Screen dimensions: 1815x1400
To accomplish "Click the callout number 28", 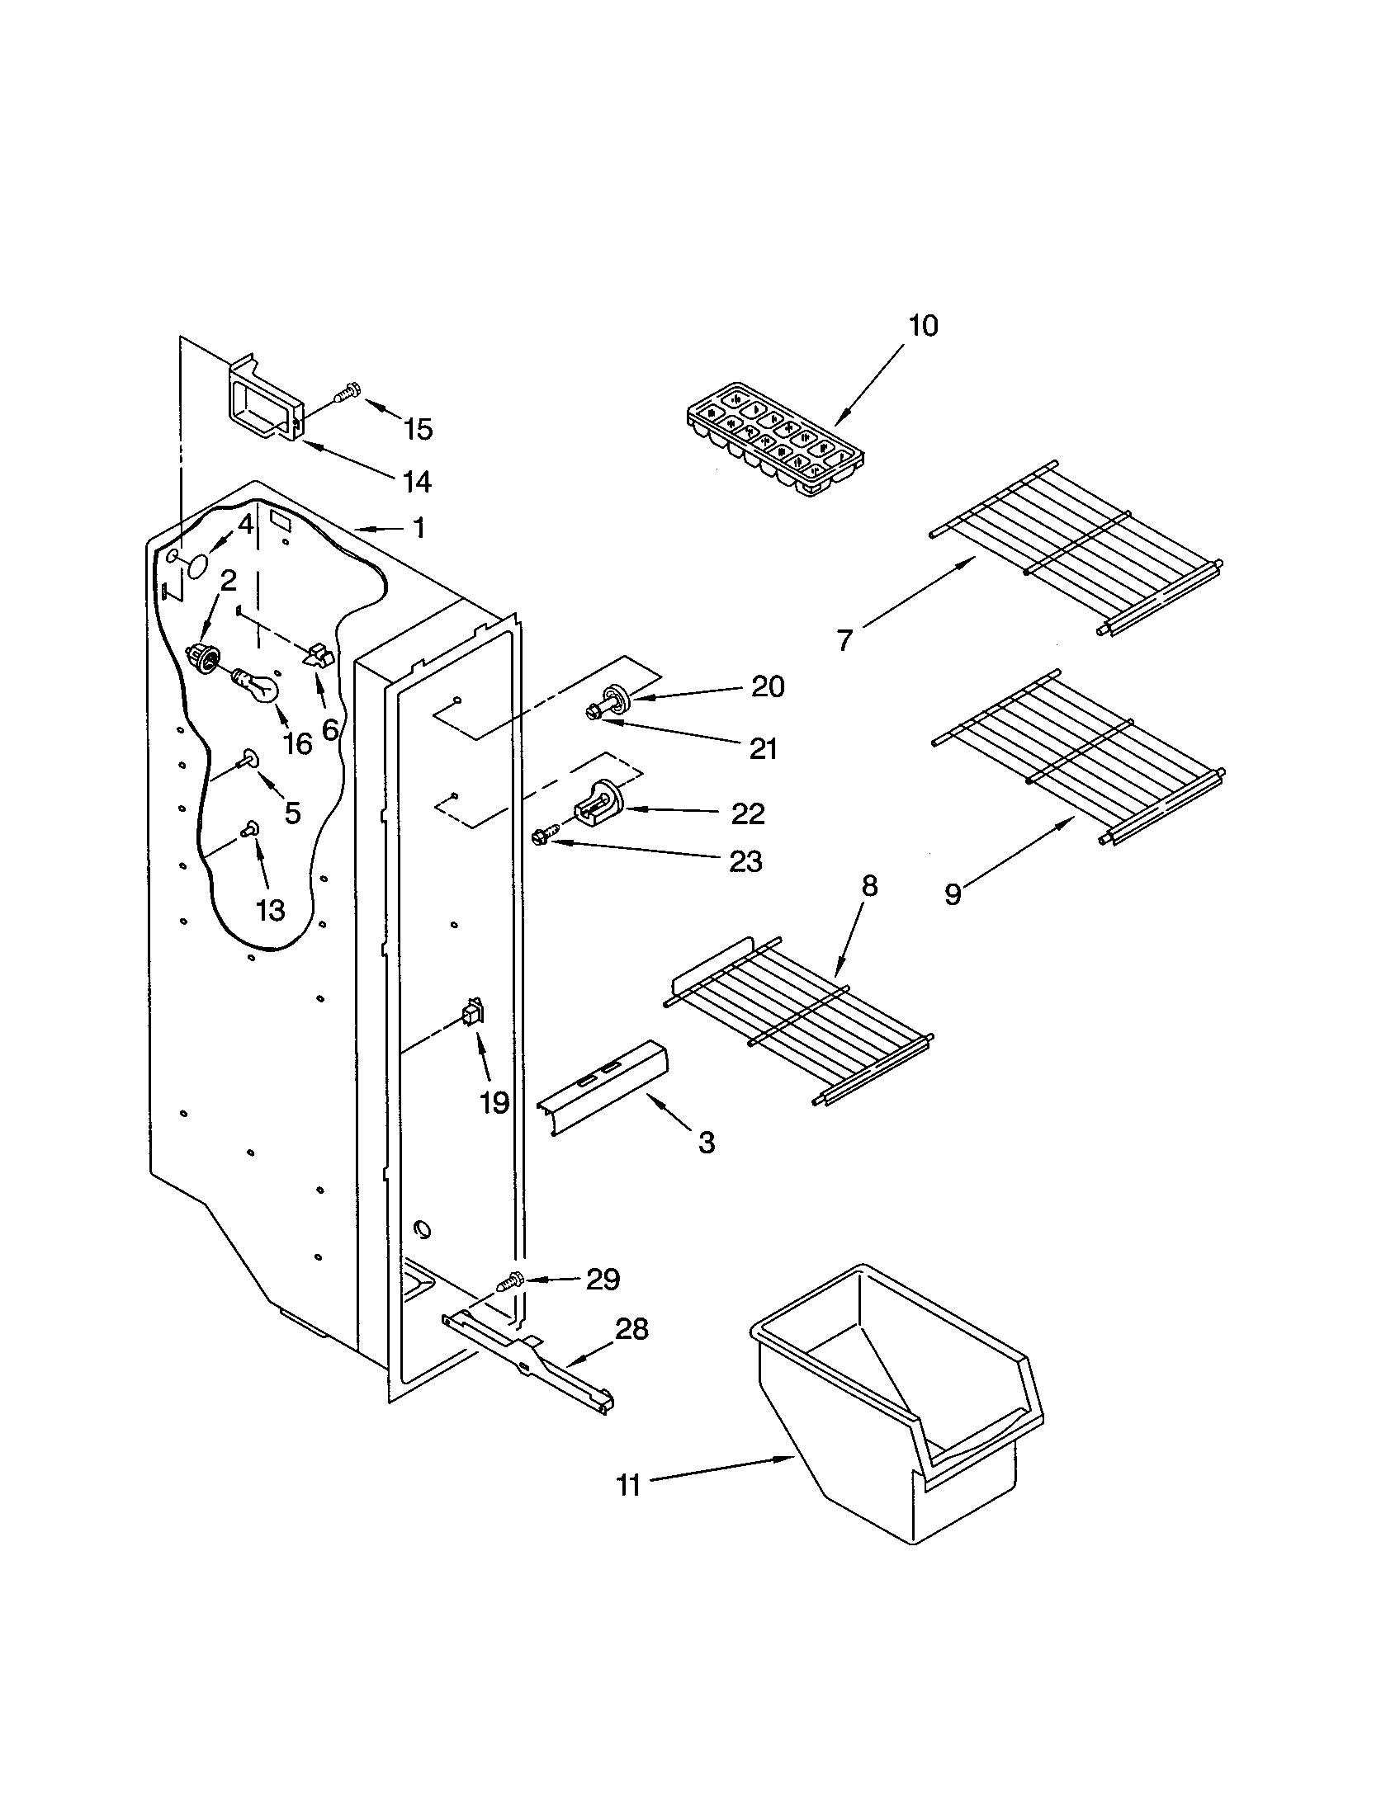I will click(631, 1329).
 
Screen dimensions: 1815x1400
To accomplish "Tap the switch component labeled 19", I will click(472, 1013).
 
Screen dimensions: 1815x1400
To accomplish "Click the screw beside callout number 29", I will click(508, 1282).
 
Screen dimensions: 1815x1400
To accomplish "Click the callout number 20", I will click(767, 686).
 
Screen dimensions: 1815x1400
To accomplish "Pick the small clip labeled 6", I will click(318, 656).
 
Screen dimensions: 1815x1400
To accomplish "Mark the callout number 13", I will click(270, 910).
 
